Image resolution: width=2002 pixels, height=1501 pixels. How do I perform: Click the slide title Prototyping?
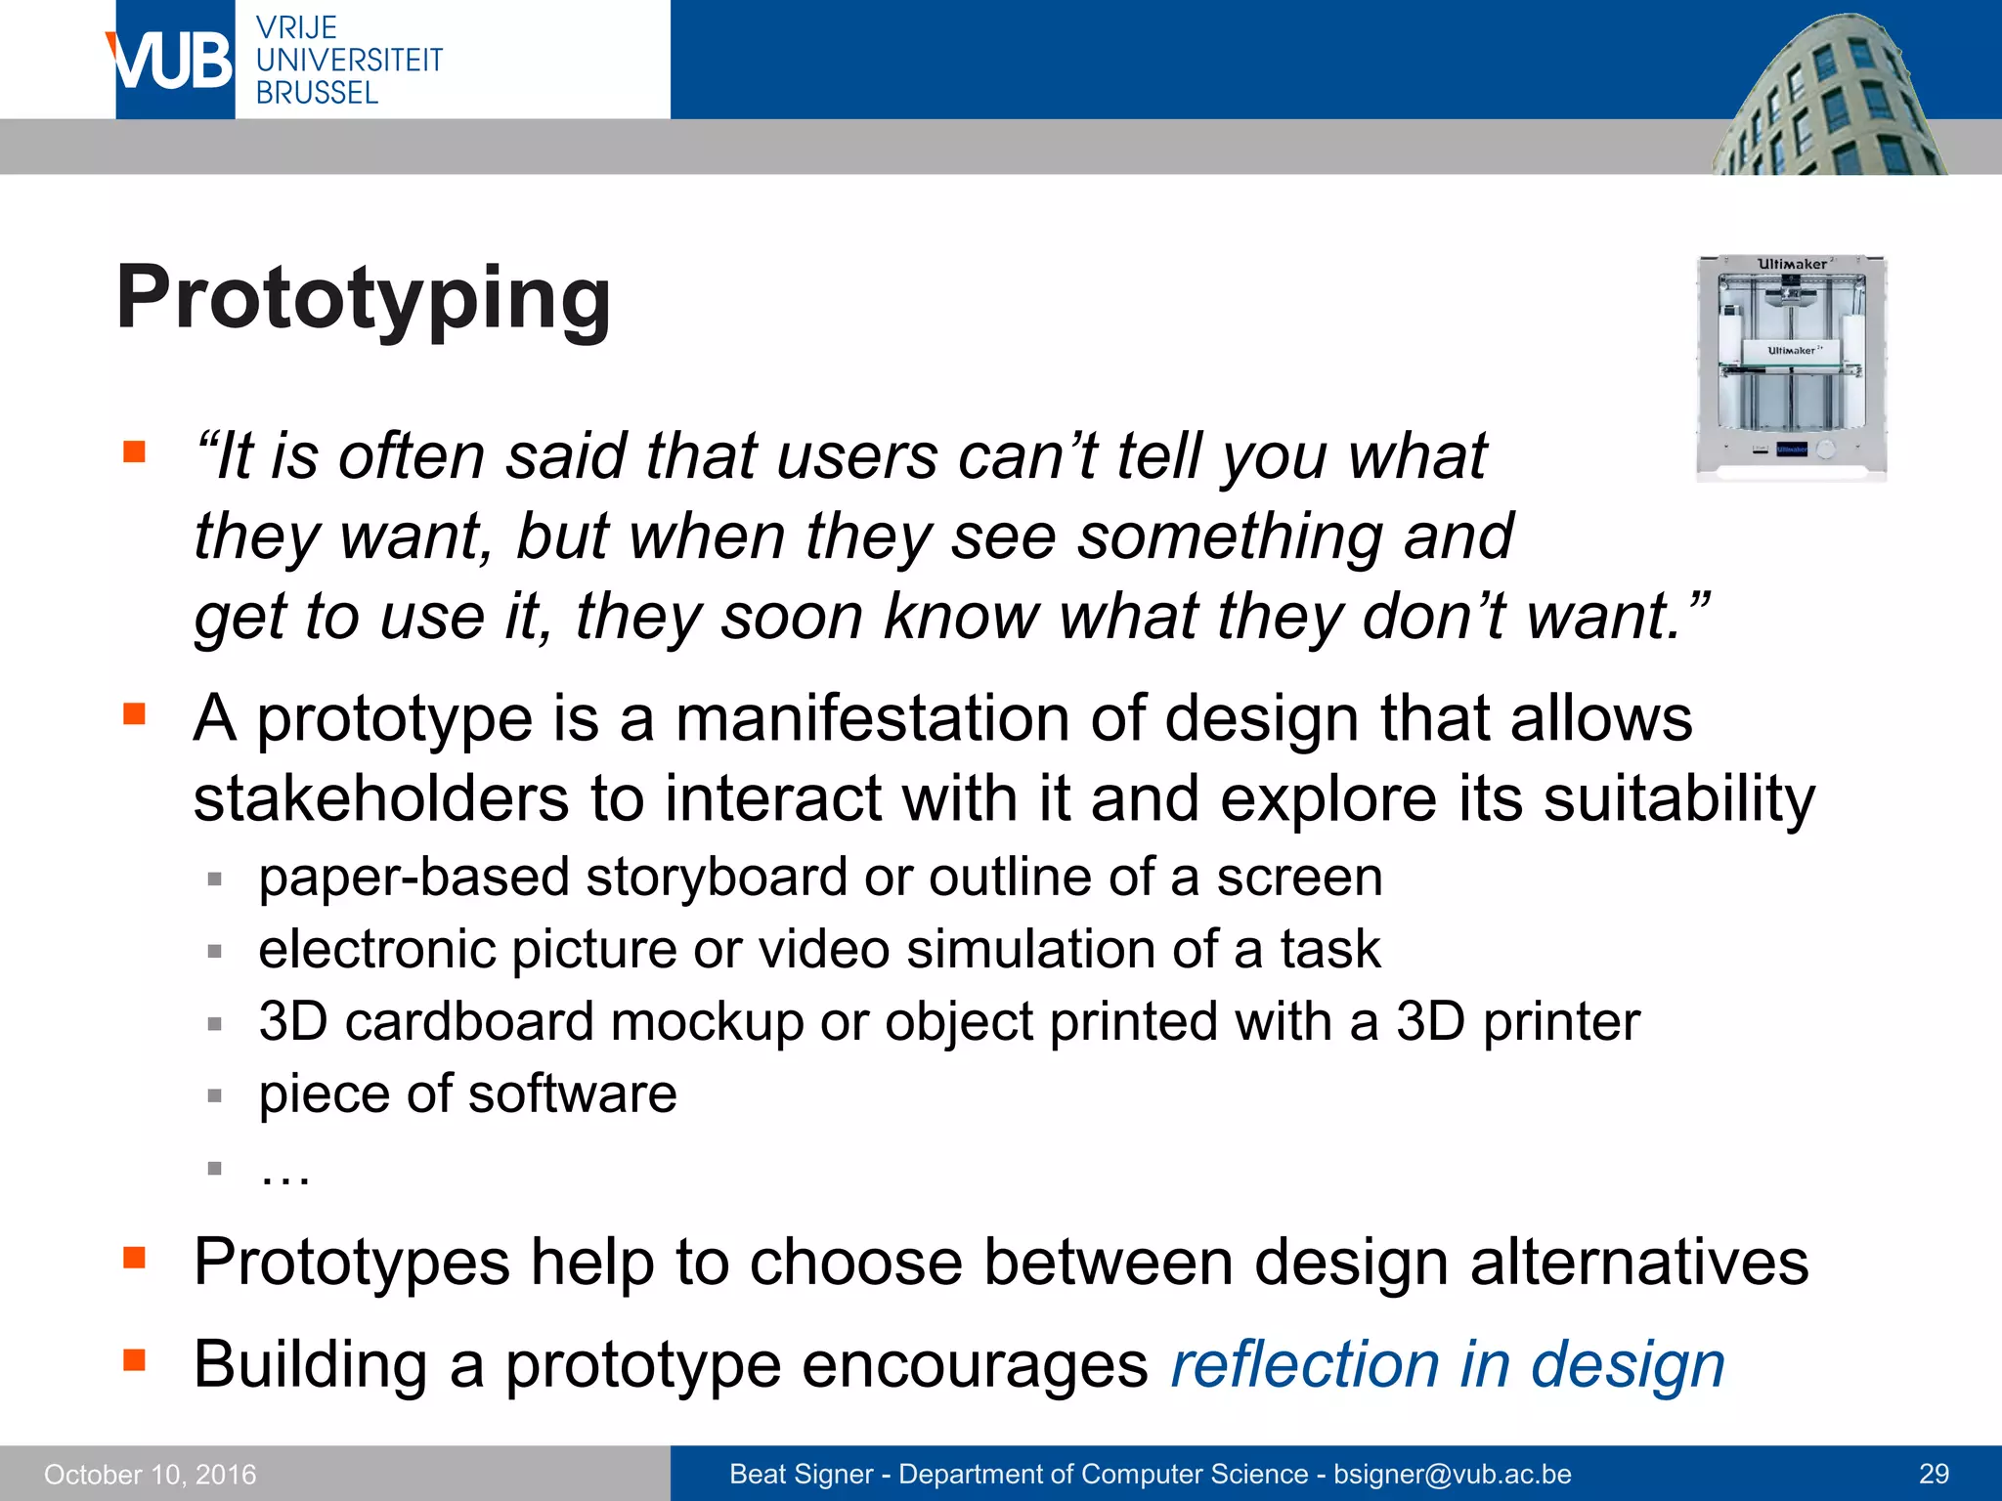[364, 299]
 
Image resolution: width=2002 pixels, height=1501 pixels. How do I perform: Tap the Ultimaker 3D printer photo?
[1791, 367]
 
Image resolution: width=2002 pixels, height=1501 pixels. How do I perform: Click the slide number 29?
[1934, 1474]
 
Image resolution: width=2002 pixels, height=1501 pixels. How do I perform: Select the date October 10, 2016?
[151, 1475]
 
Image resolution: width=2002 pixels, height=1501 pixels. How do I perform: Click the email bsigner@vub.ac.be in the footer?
[1453, 1474]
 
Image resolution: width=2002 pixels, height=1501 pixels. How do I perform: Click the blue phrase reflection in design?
[1447, 1364]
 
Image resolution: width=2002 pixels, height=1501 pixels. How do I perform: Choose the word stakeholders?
[381, 799]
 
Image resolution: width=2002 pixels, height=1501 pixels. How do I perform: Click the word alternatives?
[1638, 1262]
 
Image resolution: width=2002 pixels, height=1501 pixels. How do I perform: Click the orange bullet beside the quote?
[134, 451]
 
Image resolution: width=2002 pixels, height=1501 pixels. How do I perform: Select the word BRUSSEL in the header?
[317, 93]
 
